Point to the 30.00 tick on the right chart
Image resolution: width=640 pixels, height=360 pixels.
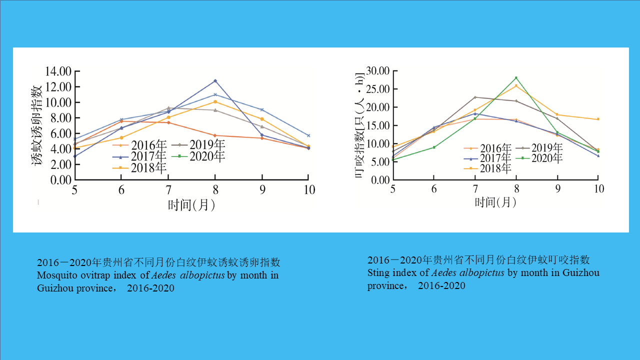(377, 71)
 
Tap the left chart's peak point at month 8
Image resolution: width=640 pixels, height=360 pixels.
(215, 80)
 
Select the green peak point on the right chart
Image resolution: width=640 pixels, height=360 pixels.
(516, 78)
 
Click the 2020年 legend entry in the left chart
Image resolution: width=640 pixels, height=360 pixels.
(207, 156)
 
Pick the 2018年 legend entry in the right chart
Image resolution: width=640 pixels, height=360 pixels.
(495, 168)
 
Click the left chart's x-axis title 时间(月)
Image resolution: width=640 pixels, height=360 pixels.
(191, 204)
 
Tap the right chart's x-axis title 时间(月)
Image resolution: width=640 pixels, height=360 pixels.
(495, 202)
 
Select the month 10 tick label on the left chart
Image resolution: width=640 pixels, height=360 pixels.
(309, 189)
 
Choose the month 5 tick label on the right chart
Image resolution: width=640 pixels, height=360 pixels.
(392, 188)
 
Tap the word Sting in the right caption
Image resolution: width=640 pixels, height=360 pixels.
(377, 273)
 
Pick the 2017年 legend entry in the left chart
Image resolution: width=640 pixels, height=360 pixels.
(148, 156)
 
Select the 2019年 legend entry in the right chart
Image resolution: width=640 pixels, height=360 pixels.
(546, 148)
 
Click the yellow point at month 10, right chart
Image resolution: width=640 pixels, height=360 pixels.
(597, 119)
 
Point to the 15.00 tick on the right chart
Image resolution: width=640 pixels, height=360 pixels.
(377, 125)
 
